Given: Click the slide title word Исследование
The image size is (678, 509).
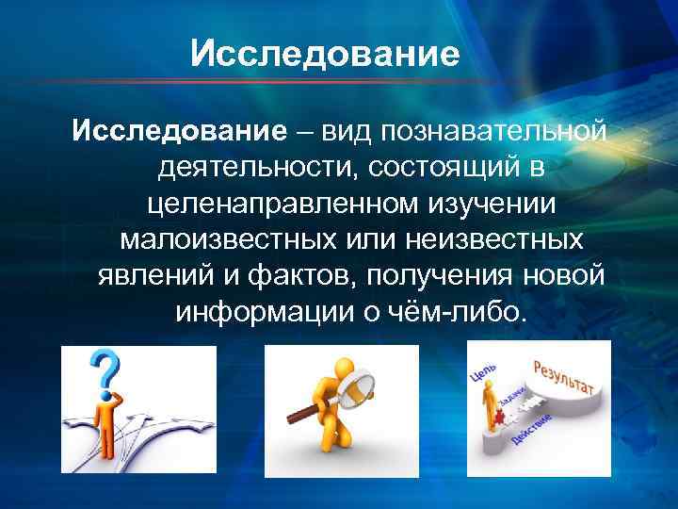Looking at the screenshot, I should pos(325,54).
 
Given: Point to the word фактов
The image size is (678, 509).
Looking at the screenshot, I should pos(299,275).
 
